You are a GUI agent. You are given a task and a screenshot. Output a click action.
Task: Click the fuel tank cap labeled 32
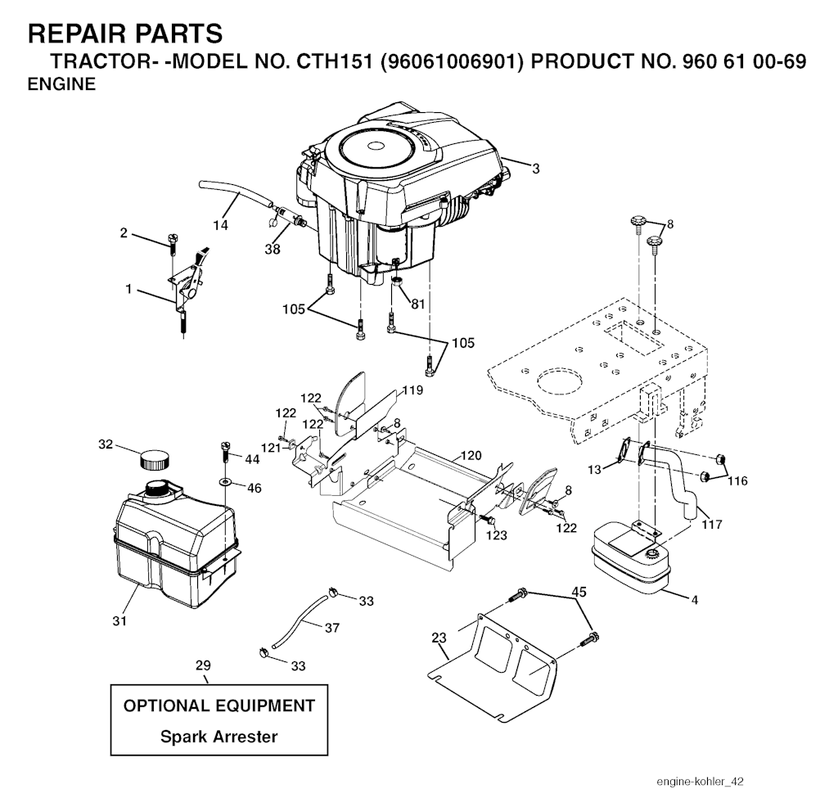point(155,458)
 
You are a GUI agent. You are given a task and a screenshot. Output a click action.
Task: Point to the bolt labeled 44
point(226,450)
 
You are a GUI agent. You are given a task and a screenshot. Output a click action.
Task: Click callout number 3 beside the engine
point(535,169)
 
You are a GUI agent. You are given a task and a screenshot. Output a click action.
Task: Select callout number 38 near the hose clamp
point(272,249)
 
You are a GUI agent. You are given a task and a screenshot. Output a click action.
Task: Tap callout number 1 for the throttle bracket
point(128,289)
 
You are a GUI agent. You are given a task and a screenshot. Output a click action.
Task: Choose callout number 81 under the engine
point(418,304)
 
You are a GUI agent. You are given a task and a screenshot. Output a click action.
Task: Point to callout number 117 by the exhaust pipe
point(712,524)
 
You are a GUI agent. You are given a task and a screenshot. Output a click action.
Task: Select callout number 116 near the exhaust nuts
point(737,481)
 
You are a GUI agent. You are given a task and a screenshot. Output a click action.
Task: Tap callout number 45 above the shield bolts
point(579,591)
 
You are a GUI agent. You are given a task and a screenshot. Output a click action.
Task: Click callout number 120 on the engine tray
point(471,455)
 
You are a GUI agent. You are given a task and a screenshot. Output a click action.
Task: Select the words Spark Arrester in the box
point(219,736)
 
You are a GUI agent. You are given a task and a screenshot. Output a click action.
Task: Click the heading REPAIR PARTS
point(124,34)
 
